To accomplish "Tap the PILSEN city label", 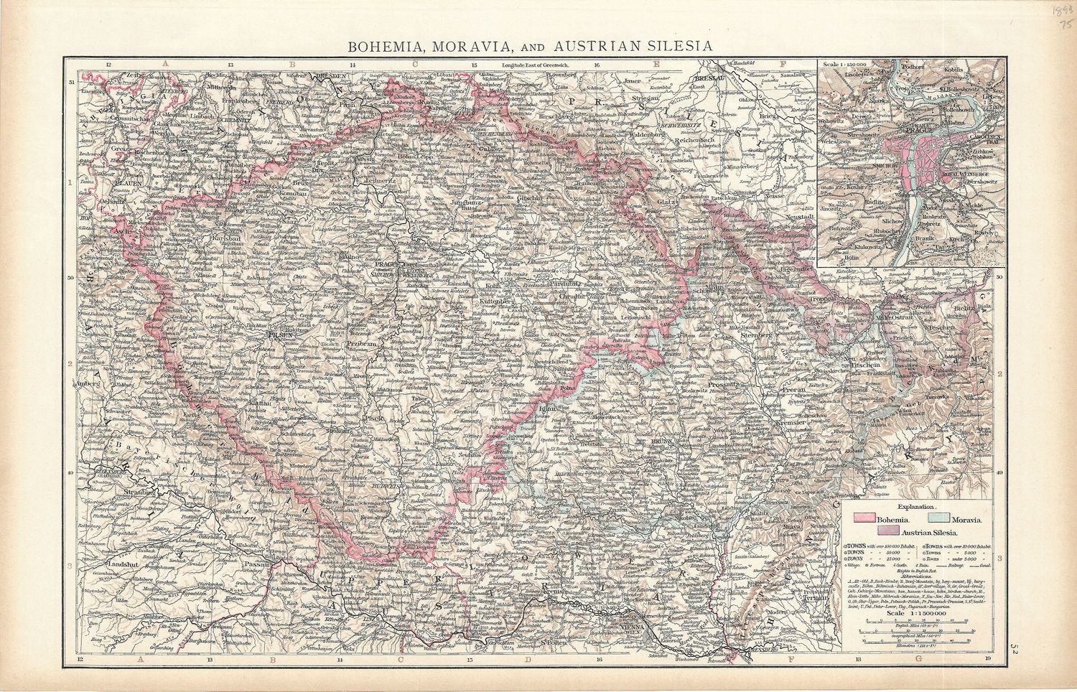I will (277, 334).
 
